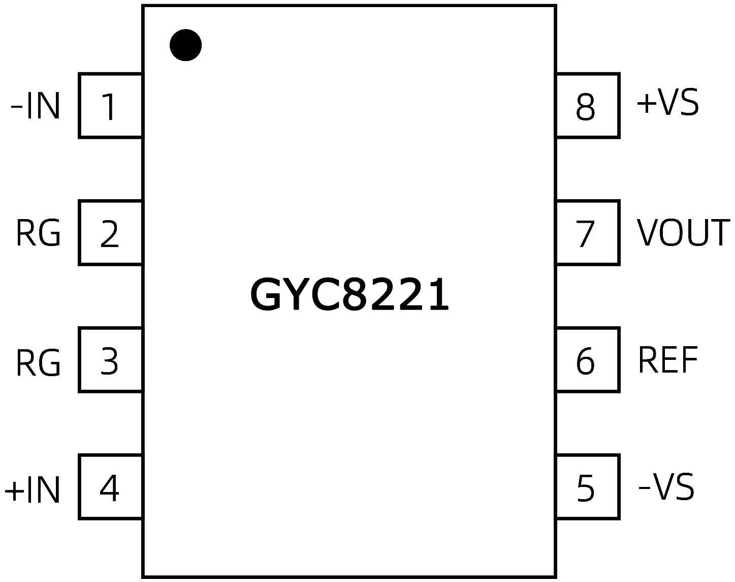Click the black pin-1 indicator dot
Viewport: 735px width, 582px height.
(185, 45)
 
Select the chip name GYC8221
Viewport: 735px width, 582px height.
(350, 295)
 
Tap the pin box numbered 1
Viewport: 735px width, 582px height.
(110, 106)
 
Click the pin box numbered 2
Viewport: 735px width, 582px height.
(110, 233)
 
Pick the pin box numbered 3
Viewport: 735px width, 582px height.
(110, 360)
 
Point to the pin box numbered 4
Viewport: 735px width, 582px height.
(110, 487)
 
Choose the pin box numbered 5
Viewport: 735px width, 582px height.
(587, 487)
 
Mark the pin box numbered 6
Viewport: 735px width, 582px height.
(587, 360)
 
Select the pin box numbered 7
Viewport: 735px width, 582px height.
(587, 233)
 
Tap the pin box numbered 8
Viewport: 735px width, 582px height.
(587, 106)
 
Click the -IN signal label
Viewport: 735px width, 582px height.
(36, 106)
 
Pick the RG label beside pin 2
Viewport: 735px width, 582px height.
(38, 233)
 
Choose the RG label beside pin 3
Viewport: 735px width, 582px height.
(38, 362)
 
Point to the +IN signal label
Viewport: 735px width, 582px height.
(32, 490)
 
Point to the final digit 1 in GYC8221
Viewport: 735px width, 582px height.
(437, 295)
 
